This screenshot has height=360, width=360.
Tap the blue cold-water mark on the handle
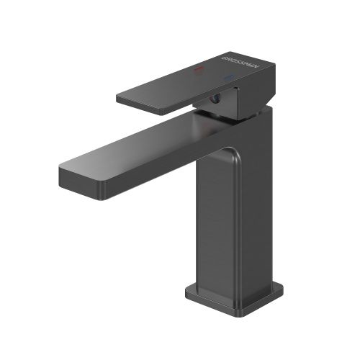pyautogui.click(x=228, y=78)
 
